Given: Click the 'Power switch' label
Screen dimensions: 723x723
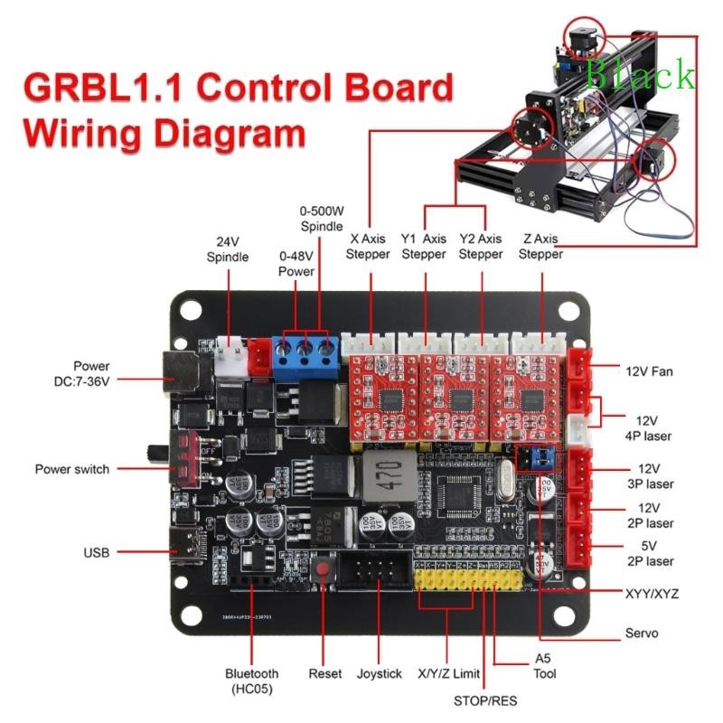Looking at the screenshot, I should click(71, 469).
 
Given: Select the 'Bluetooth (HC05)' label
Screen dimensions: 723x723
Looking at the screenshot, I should click(252, 681).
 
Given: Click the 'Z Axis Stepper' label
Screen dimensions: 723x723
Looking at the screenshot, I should click(540, 247).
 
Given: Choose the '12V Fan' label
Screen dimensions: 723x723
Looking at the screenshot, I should click(649, 371).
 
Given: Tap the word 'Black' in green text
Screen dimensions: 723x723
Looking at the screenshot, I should click(641, 76).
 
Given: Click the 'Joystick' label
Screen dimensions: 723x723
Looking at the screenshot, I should click(379, 673).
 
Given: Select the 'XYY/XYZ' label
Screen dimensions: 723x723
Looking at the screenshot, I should click(652, 594).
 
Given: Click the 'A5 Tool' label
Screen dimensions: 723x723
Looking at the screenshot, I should click(544, 666).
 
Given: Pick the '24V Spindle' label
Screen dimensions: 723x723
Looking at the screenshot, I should click(227, 249).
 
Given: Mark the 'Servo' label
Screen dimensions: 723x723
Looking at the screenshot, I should click(641, 633).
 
